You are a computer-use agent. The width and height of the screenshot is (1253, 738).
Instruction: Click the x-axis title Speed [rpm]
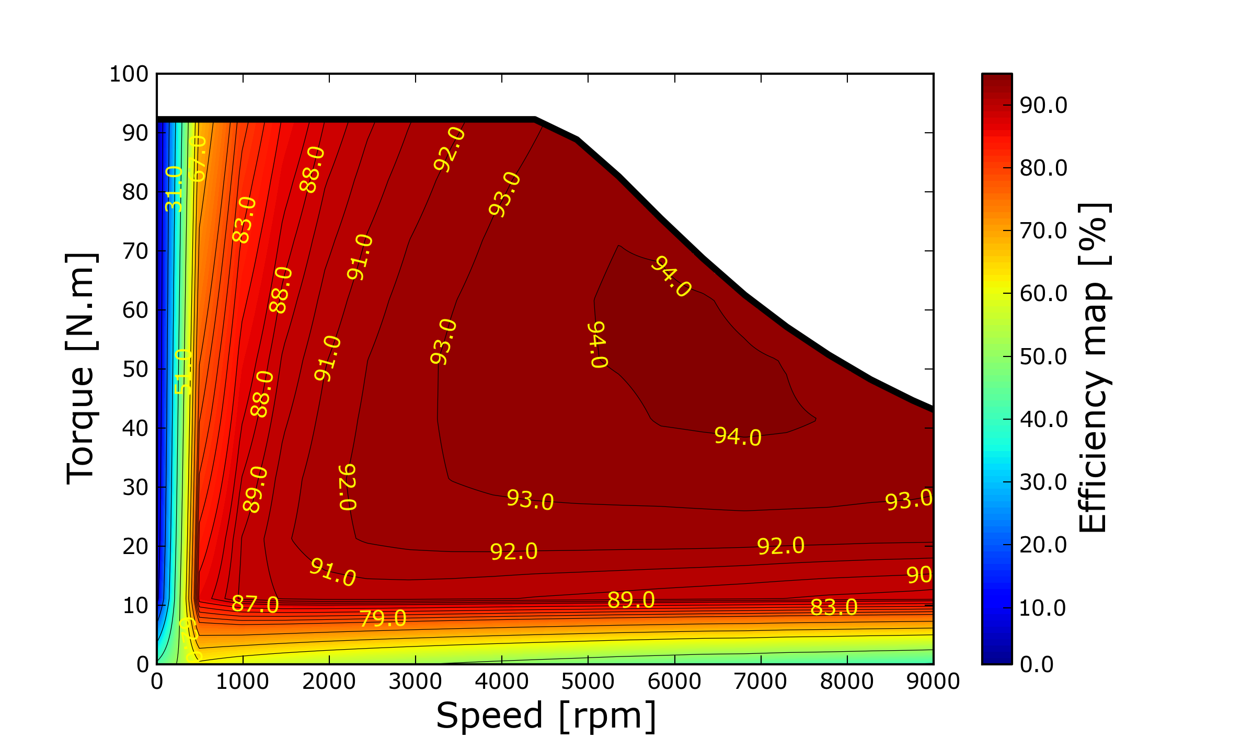546,716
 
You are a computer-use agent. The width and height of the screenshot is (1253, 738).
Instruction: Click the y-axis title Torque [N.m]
81,369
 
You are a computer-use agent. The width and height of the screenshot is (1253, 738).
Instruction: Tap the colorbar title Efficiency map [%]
1094,368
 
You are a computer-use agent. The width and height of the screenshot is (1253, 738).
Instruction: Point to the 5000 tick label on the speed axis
588,682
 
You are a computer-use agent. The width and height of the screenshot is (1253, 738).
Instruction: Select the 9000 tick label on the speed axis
933,682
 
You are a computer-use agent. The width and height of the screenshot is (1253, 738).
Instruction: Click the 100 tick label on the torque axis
129,74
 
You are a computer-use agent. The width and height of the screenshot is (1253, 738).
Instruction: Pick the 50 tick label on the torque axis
135,370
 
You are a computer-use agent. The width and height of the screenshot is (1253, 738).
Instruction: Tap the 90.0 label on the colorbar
1043,106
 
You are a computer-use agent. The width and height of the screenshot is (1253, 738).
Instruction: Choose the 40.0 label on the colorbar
1043,419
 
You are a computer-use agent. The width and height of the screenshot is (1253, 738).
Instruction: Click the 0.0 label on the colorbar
1037,664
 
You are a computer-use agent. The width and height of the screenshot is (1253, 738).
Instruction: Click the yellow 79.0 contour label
383,619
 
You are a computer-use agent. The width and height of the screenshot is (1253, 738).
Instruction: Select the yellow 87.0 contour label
255,604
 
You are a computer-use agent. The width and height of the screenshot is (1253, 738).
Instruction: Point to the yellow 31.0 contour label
174,189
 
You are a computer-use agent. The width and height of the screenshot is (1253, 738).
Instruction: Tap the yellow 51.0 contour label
183,371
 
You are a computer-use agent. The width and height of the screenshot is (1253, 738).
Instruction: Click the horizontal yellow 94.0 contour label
738,436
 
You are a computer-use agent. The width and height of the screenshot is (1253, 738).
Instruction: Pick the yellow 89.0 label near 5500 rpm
631,600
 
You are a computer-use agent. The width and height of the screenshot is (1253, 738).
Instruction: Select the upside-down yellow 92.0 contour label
348,487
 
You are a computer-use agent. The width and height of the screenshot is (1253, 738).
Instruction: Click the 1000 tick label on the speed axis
243,682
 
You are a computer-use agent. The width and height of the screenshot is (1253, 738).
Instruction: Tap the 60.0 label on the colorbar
1043,294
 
